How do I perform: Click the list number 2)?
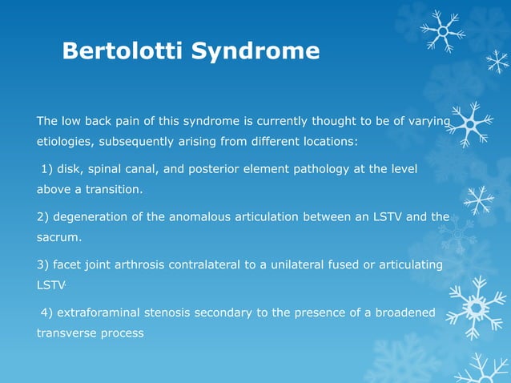(45, 216)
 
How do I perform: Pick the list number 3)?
(45, 264)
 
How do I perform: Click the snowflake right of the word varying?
(472, 124)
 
